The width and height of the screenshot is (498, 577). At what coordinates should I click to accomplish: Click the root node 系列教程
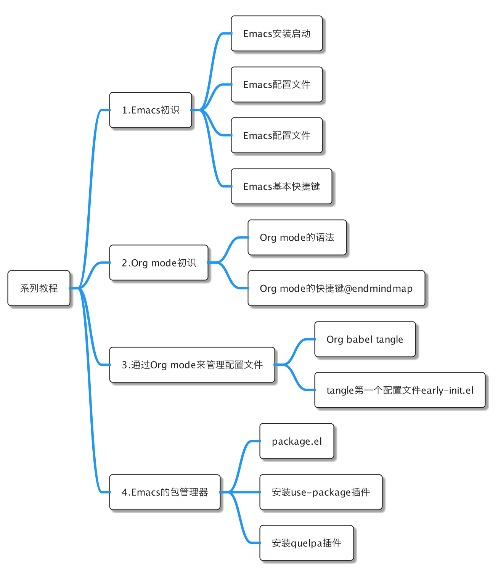point(39,288)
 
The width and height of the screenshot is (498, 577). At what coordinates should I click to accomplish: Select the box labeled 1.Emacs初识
point(151,110)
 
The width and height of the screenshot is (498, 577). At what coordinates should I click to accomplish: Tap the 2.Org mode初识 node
point(159,262)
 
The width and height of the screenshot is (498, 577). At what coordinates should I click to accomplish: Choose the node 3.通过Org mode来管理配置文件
point(192,365)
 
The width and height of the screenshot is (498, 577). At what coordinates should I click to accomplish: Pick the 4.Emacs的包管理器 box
point(165,492)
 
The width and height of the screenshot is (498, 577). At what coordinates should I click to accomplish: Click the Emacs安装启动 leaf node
point(276,34)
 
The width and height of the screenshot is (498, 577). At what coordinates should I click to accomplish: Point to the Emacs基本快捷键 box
point(281,186)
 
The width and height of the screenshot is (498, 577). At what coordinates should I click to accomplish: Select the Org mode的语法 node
point(297,237)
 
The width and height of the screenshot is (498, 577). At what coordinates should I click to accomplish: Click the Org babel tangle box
point(365,339)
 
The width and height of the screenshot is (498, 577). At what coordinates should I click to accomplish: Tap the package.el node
point(297,441)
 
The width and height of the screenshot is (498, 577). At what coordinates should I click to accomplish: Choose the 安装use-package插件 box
point(321,492)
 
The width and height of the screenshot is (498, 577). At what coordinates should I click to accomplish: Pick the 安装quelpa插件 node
point(307,543)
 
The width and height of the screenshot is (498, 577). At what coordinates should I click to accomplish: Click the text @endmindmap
point(378,288)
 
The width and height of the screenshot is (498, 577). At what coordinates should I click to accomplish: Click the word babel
point(360,339)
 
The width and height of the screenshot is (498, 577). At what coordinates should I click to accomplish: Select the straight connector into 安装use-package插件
point(240,492)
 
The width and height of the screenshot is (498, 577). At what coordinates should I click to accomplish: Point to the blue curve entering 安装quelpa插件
point(239,518)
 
